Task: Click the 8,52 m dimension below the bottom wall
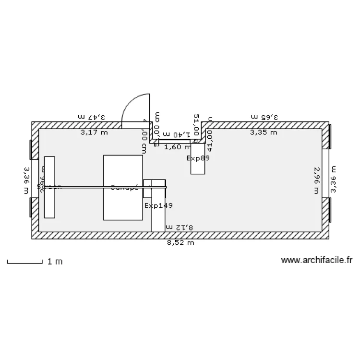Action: (180, 243)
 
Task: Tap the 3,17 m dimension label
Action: (94, 132)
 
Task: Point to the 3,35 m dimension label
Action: (264, 132)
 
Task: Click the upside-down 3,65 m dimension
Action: (264, 117)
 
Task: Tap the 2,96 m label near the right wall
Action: (317, 180)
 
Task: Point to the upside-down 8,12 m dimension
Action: (179, 227)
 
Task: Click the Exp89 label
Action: (198, 157)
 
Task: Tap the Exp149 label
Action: (158, 205)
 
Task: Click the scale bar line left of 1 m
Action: (24, 262)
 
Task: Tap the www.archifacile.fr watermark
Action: (317, 260)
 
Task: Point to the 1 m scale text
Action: (55, 262)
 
